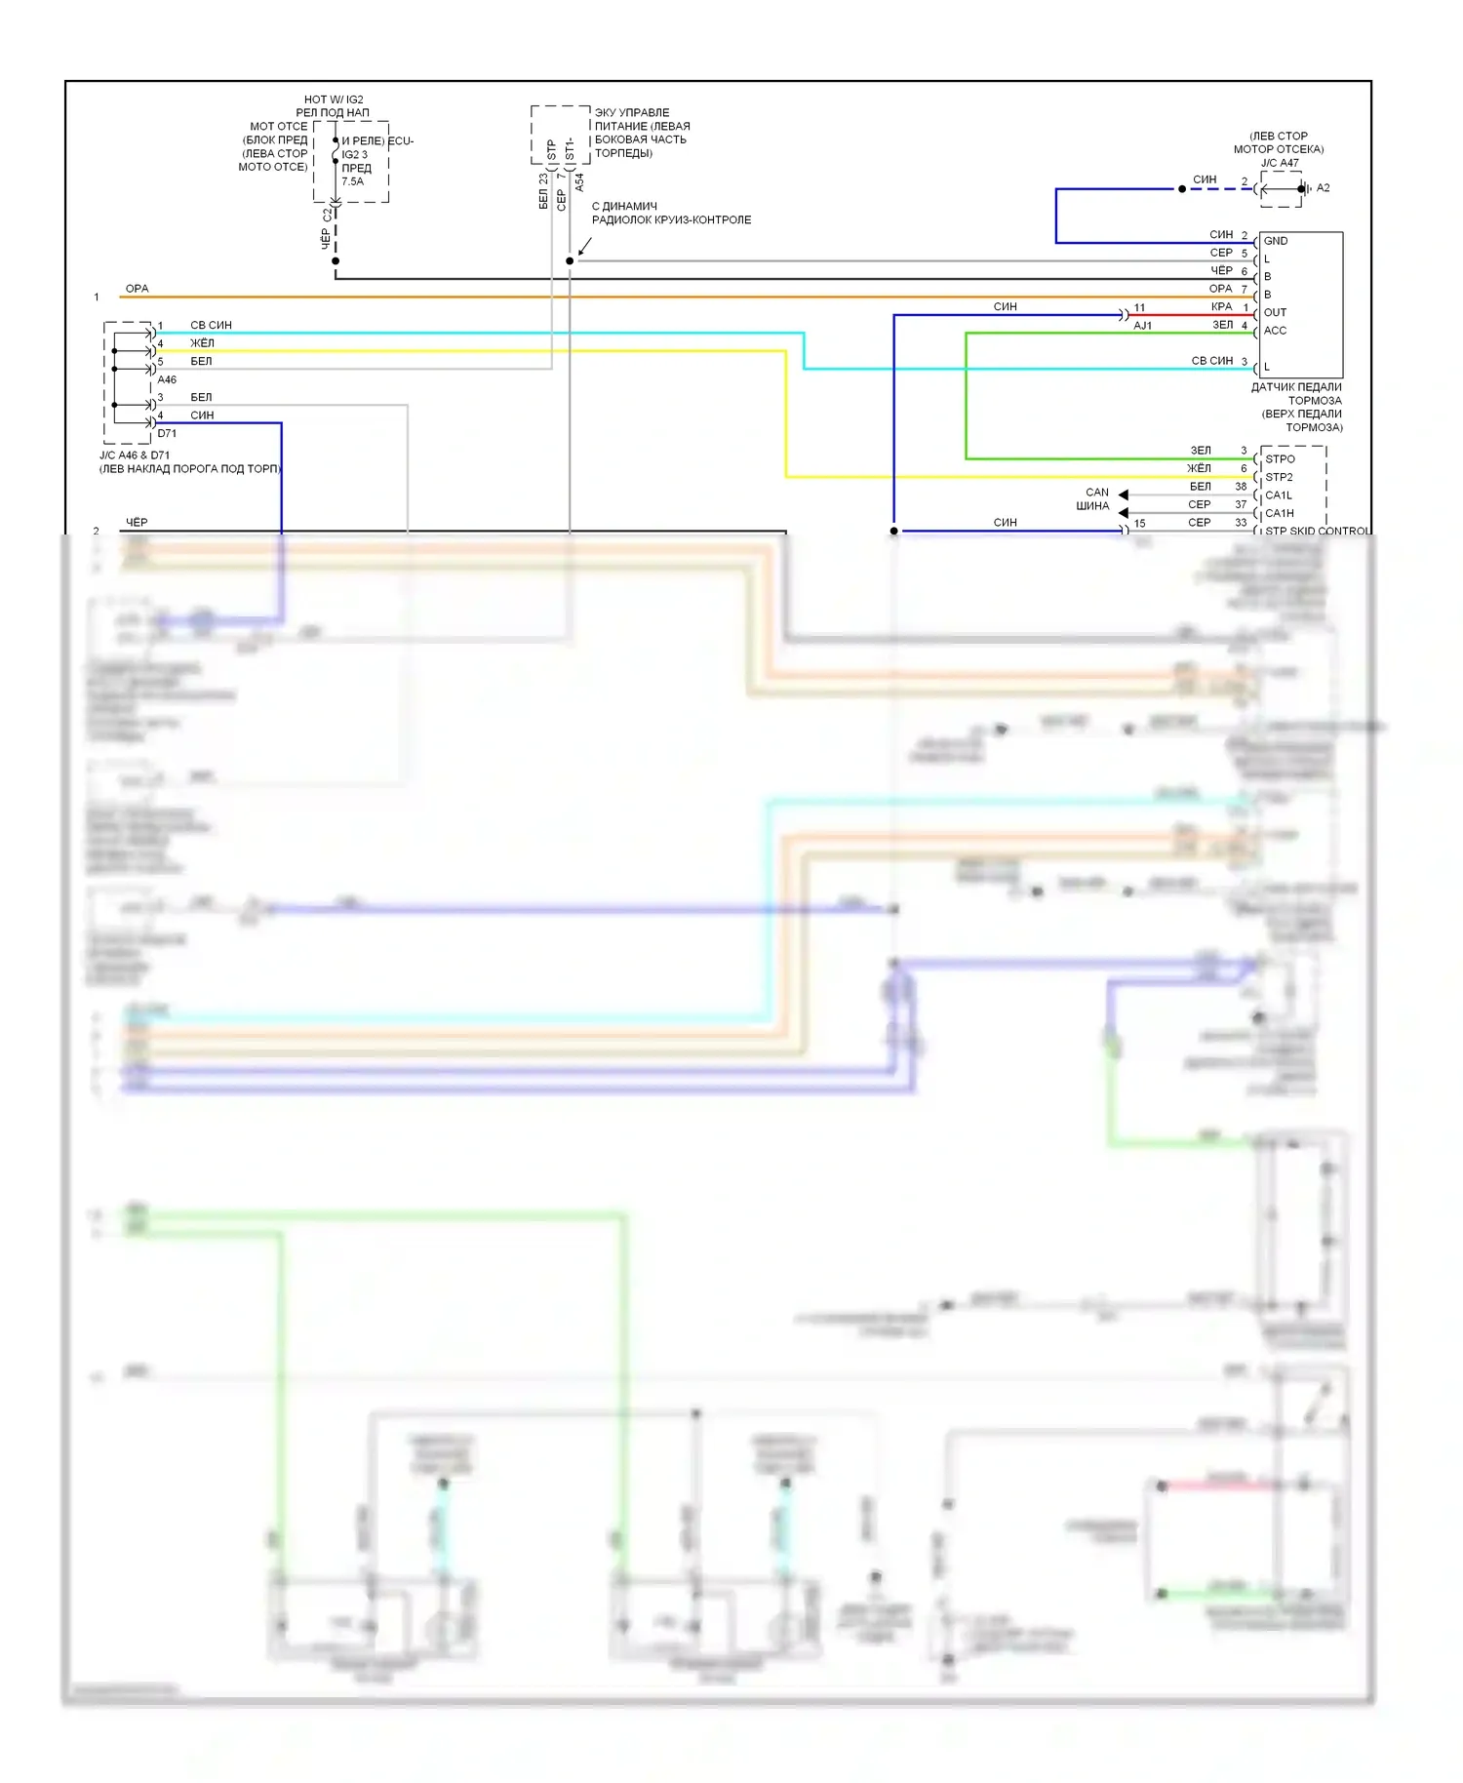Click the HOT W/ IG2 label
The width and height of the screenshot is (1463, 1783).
[333, 99]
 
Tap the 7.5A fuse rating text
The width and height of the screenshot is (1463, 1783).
[352, 181]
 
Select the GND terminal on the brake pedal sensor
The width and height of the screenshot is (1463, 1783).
[1275, 241]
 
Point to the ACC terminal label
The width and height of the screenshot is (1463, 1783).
[1275, 331]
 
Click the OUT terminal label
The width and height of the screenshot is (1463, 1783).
[1275, 313]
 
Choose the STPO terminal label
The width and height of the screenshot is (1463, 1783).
[1280, 459]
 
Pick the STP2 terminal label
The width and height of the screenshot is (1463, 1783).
[1279, 478]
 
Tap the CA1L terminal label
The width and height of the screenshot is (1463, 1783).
[1278, 495]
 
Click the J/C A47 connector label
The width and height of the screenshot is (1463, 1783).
[1279, 163]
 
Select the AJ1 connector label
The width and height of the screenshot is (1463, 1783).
[1142, 326]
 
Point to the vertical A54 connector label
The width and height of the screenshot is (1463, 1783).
[579, 182]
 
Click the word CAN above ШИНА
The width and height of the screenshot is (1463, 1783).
[1096, 493]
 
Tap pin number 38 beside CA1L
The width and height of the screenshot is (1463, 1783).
[1241, 487]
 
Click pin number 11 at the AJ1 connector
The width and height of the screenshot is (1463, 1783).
[1139, 307]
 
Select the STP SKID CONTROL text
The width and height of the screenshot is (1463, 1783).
[1317, 532]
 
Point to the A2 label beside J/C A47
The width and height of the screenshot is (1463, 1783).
[1323, 188]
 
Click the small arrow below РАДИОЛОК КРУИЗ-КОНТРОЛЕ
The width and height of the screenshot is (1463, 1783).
[583, 250]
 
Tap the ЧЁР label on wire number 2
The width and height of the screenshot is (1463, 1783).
[137, 523]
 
